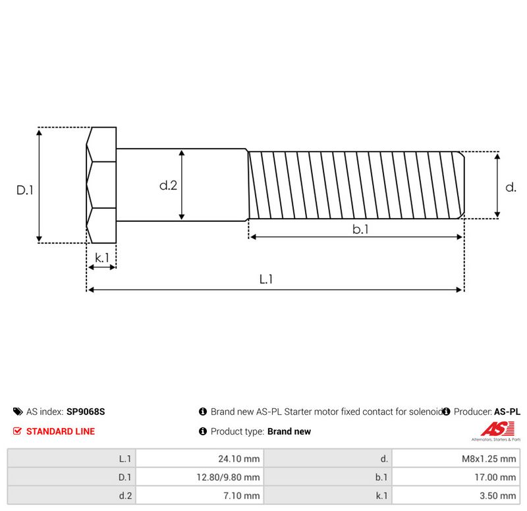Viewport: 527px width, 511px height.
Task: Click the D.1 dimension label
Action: [x=25, y=190]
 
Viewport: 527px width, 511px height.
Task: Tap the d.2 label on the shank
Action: [x=168, y=185]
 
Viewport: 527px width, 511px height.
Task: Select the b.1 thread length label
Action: [x=360, y=229]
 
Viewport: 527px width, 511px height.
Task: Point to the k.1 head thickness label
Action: [x=102, y=257]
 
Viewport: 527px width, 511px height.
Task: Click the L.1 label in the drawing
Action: [x=266, y=279]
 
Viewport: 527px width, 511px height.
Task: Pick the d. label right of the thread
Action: [x=511, y=187]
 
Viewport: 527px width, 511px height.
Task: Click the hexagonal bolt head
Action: [x=101, y=185]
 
